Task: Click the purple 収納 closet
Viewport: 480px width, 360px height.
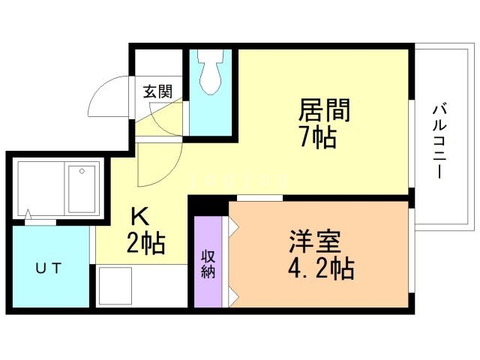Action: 209,262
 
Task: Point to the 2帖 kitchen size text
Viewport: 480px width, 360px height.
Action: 147,243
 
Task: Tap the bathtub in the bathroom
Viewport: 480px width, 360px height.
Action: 79,189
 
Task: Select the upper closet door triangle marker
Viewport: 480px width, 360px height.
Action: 233,226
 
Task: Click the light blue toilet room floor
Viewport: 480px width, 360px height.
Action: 211,112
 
